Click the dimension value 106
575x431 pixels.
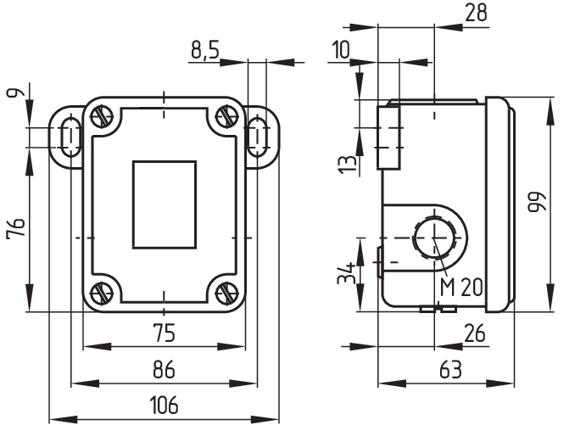(166, 406)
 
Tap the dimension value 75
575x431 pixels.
(165, 333)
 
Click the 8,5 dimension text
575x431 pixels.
(205, 51)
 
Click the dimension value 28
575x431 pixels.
(476, 14)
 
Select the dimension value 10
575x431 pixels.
(341, 50)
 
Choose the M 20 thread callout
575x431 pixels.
(461, 287)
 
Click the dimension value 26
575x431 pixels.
(475, 333)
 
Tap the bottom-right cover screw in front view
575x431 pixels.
(226, 292)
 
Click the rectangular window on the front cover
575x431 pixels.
(165, 205)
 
